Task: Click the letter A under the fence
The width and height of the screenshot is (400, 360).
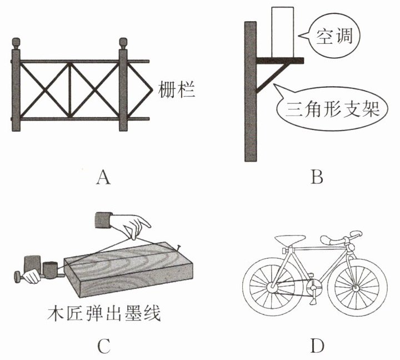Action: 103,177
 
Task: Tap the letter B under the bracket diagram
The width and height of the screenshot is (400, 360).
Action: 317,177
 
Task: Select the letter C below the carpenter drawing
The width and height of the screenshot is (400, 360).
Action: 103,346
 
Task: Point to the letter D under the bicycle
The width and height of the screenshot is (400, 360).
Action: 317,346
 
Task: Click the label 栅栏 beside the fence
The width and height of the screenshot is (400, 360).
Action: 177,89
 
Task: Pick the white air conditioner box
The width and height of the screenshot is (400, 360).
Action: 282,32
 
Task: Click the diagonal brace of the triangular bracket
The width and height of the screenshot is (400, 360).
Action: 272,78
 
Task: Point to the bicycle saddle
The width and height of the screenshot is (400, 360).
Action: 290,240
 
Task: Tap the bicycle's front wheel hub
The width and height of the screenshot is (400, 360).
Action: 356,288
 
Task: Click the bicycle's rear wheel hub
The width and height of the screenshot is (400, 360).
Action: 272,288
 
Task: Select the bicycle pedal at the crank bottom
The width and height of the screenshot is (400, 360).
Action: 312,302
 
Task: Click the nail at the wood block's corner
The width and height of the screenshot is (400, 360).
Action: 178,247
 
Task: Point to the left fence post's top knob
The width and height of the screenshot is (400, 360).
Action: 16,44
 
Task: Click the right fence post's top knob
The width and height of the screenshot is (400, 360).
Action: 123,44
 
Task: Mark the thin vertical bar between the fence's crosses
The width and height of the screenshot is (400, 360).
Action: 69,90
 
